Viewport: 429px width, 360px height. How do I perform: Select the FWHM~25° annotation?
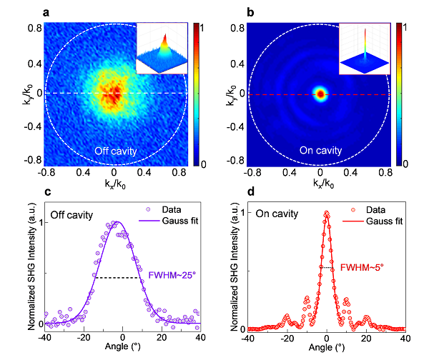click(171, 275)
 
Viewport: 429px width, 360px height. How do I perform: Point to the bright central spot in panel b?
click(320, 94)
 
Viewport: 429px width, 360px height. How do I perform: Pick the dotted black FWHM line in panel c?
click(117, 277)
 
